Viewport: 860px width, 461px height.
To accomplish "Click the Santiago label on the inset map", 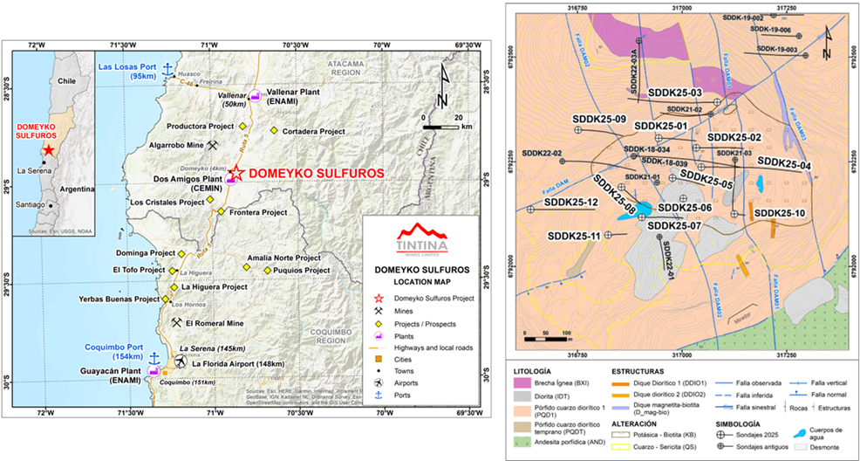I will tap(31, 206).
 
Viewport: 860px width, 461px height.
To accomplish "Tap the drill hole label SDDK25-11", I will tap(574, 236).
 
